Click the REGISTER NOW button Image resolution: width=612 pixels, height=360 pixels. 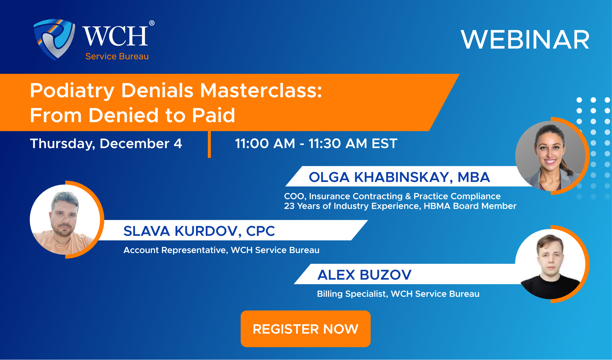[305, 329]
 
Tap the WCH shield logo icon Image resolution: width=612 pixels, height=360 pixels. [54, 39]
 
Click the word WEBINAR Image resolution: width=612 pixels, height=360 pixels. [525, 40]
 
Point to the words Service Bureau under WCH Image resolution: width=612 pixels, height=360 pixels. [117, 57]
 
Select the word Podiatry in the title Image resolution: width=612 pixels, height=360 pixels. [72, 91]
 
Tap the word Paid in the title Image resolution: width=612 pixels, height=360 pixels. [214, 115]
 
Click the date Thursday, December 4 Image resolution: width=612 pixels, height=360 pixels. [106, 143]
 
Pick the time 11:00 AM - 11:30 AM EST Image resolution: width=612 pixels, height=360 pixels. [316, 143]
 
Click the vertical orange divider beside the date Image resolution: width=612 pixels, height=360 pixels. [209, 144]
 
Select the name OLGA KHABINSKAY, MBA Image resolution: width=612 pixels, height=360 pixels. [399, 177]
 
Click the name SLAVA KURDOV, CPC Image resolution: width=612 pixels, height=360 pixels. [199, 231]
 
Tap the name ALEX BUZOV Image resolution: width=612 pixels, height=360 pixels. [364, 275]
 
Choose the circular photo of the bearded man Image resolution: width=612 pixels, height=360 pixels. [65, 220]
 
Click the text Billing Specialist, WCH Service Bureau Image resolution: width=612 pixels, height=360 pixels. [398, 294]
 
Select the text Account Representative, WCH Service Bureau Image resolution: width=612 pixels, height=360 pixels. [221, 250]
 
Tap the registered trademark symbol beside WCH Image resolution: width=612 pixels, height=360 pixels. [152, 23]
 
